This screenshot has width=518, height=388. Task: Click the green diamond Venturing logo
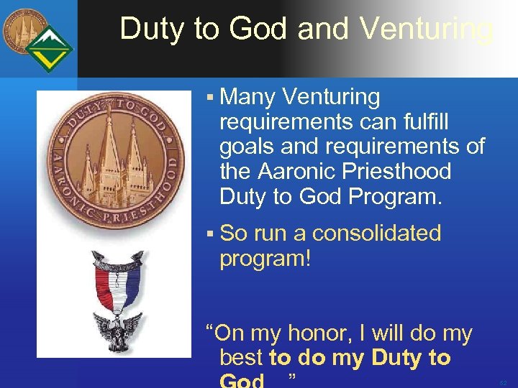point(50,49)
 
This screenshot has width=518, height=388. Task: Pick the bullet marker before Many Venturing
point(209,97)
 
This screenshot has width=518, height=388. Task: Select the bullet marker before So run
point(209,234)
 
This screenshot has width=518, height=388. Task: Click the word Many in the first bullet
point(249,96)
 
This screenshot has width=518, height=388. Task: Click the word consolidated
point(377,233)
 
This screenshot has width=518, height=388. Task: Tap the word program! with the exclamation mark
point(265,259)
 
